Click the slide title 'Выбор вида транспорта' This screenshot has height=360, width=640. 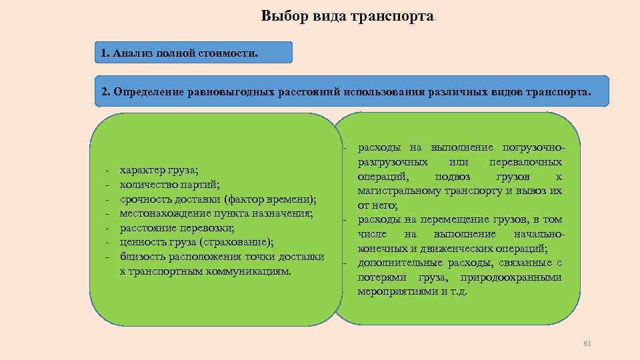[347, 16]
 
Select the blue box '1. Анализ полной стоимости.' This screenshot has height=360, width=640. [193, 53]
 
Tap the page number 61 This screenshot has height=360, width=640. [587, 343]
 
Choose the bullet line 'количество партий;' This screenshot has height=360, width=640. [169, 185]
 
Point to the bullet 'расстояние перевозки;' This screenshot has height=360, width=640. [177, 228]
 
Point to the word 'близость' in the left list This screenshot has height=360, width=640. [141, 257]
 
